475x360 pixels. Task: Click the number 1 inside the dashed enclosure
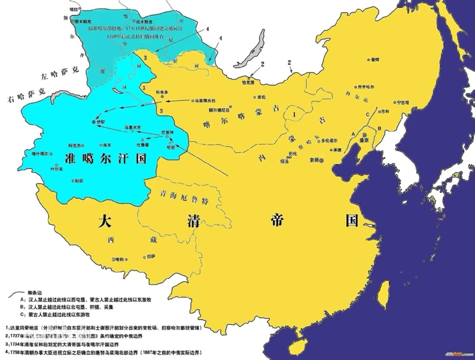pos(295,115)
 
